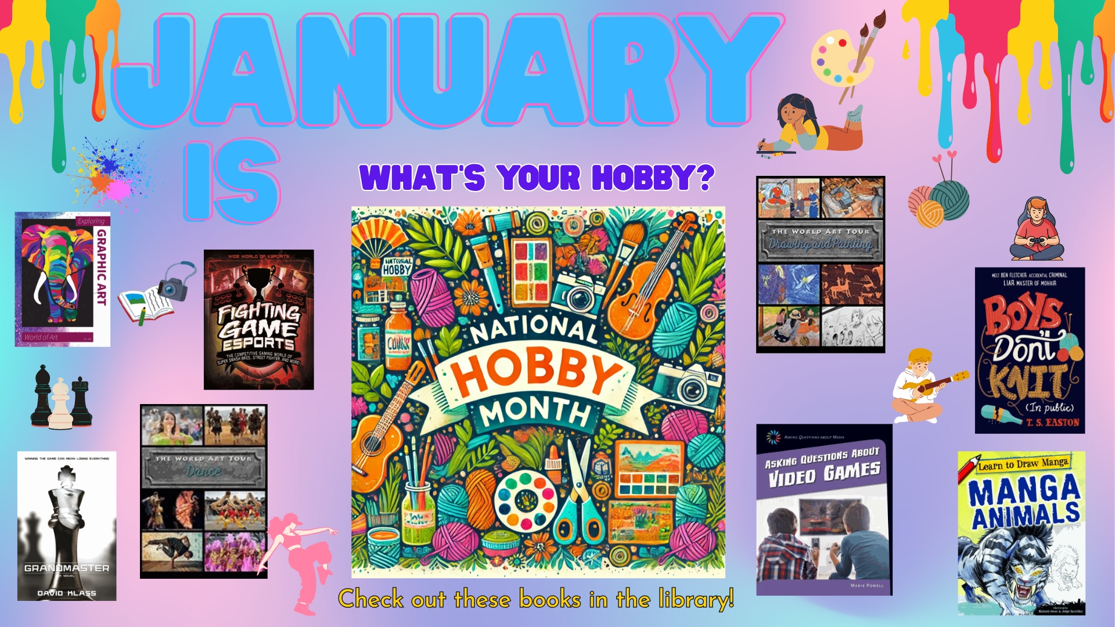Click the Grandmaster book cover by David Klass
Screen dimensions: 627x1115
(67, 525)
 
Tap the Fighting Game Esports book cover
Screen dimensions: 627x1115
(258, 319)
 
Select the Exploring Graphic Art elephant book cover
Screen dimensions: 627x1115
(63, 279)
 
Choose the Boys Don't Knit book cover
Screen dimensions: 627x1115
(1030, 350)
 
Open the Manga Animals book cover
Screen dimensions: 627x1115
(1022, 533)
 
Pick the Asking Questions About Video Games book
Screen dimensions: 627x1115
(823, 510)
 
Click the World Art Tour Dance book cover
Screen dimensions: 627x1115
(204, 491)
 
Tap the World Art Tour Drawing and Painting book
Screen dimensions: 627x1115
(821, 264)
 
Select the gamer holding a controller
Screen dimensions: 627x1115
(1037, 229)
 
